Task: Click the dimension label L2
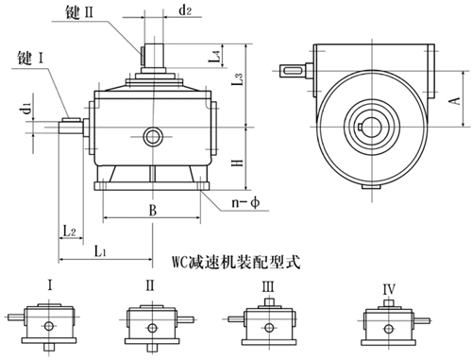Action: [70, 230]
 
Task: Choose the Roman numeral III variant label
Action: [268, 284]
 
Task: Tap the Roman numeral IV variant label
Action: [388, 284]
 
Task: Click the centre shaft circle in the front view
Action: [152, 138]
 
